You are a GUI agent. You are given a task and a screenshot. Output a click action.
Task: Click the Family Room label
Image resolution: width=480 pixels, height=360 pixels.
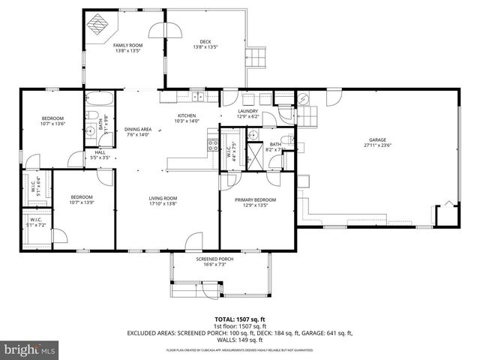(127, 49)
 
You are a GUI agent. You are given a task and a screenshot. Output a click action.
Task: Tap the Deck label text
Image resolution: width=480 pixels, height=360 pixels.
(205, 44)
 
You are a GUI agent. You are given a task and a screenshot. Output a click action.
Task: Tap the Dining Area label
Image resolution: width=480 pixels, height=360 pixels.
(138, 132)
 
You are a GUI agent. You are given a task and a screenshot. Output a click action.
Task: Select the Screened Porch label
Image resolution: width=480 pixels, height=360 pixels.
(211, 262)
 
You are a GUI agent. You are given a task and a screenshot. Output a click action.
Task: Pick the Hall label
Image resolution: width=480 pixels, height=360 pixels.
(100, 154)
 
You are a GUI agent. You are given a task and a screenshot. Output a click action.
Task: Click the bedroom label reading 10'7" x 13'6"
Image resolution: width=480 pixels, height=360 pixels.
(52, 121)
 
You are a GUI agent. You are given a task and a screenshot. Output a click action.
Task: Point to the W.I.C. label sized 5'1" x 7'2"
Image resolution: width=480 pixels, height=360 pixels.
(35, 223)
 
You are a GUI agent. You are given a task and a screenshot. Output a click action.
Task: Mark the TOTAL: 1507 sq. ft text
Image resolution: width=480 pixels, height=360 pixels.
(240, 317)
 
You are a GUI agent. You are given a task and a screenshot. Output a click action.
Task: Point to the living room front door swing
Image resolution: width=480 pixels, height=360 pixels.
(193, 241)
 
